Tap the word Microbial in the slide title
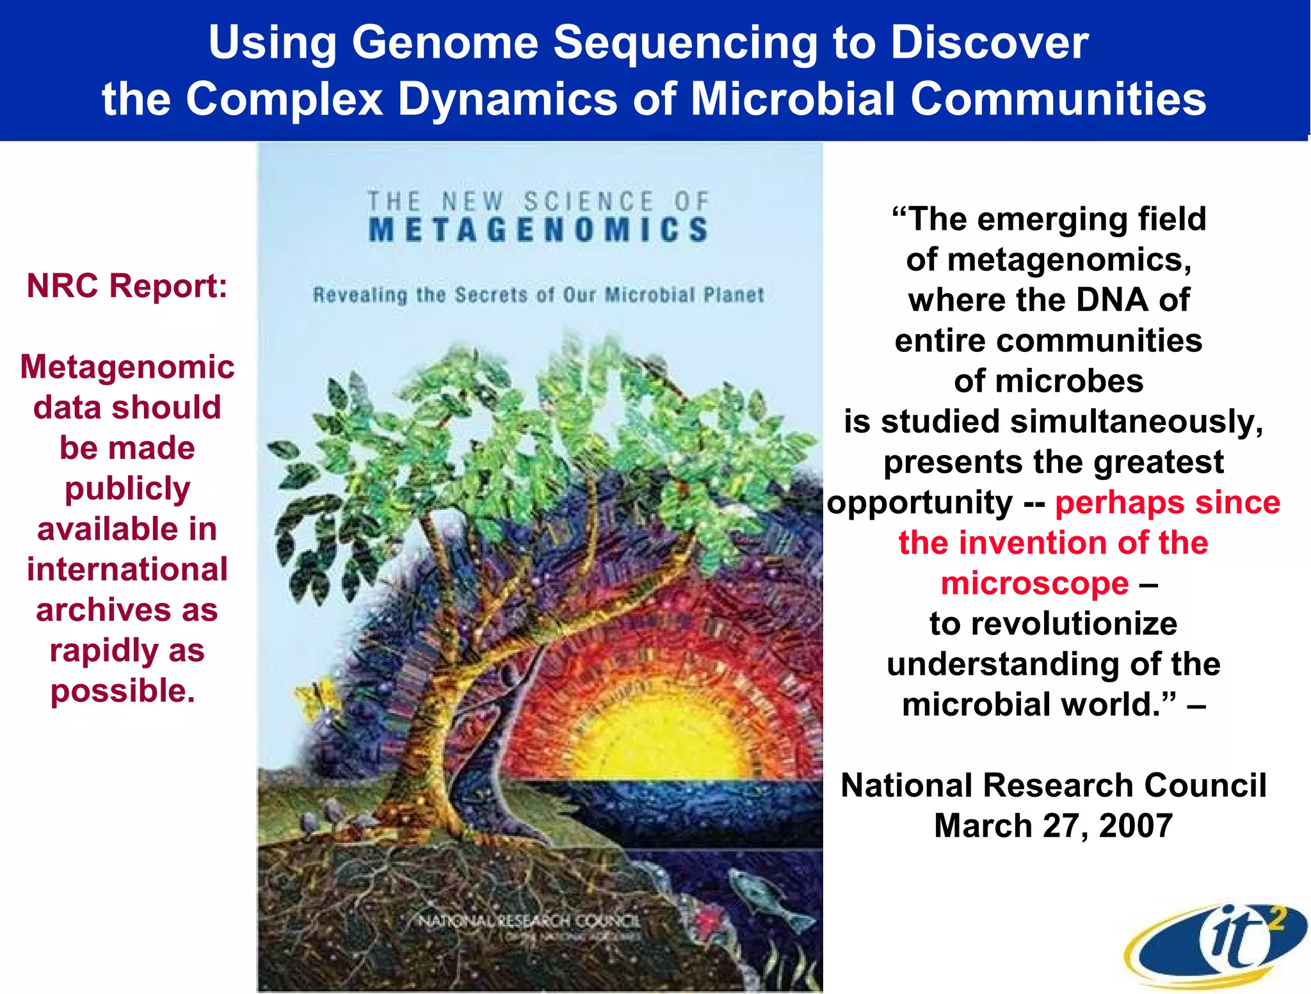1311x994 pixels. coord(792,99)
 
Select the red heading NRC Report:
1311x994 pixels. coord(127,285)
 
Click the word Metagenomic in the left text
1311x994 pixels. coord(127,367)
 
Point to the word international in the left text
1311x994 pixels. coord(127,569)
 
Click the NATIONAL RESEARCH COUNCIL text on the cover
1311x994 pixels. coord(529,920)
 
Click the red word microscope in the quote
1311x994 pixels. coord(1034,584)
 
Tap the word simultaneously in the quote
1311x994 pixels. coord(1136,422)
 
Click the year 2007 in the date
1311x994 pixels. coord(1136,826)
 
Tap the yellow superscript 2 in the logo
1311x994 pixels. coord(1275,920)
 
